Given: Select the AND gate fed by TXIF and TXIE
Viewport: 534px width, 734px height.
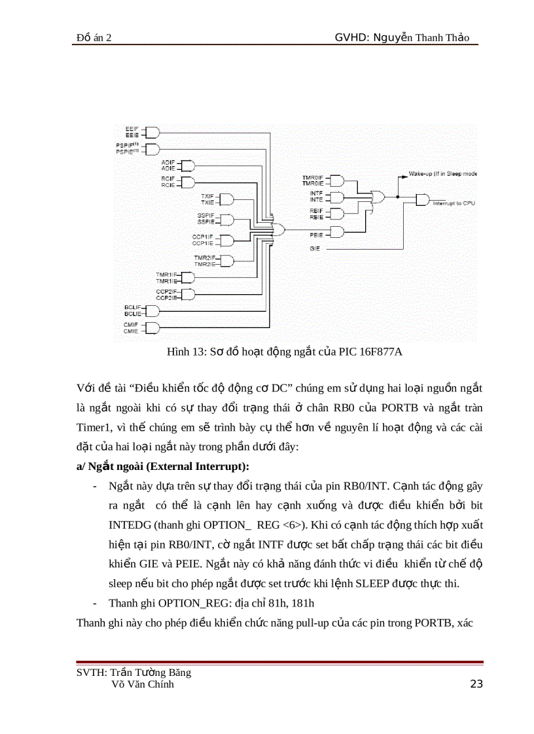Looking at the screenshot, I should tap(227, 199).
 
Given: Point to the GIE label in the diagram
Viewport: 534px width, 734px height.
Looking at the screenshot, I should tap(315, 249).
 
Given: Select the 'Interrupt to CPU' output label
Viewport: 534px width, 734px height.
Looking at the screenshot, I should tap(454, 204).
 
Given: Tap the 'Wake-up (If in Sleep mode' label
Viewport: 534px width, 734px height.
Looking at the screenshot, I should tap(443, 174).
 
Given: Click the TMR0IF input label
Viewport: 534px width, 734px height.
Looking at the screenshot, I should tap(312, 178).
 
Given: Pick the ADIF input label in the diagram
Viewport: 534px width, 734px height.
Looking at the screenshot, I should tap(167, 161).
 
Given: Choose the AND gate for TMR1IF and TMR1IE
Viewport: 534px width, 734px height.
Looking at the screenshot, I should tap(188, 277).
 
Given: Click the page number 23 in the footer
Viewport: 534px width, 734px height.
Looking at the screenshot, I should tap(476, 684).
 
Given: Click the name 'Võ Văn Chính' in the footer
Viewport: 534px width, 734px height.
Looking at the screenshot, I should tap(143, 684).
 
